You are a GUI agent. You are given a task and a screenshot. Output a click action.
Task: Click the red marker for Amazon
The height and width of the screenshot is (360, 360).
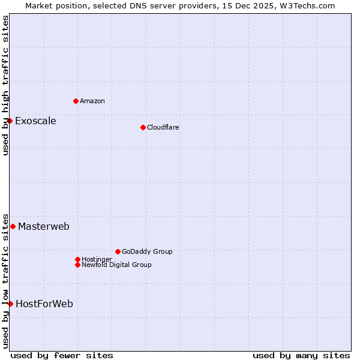pos(76,101)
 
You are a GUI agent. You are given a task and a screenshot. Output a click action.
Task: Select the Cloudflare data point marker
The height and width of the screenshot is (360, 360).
pos(143,127)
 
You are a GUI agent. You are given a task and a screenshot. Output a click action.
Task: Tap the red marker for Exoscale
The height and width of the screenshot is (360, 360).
pos(10,121)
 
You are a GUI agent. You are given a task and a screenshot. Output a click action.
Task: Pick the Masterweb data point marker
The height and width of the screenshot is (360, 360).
pos(13,226)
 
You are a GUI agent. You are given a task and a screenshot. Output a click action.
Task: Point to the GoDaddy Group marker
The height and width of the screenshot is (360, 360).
pos(118,251)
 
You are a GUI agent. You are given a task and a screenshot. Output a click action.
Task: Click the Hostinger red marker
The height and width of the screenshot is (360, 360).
pos(77,259)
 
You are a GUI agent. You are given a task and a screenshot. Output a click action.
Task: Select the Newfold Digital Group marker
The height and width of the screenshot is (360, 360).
pos(77,265)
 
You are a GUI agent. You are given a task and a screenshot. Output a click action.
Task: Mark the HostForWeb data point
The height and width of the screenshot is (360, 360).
pos(10,304)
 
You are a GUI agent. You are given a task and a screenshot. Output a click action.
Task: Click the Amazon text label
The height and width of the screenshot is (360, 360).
pos(92,101)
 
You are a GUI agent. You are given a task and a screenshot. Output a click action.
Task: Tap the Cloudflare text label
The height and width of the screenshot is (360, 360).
pos(163,127)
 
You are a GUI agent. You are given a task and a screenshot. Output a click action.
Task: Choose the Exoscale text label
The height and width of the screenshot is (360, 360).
pos(35,121)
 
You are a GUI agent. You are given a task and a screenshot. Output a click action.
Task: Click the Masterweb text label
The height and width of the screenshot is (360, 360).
pos(44,226)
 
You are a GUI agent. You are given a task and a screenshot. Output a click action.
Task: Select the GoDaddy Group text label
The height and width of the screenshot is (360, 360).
pos(147,251)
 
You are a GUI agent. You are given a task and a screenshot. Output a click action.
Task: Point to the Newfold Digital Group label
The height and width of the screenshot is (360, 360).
pos(116,265)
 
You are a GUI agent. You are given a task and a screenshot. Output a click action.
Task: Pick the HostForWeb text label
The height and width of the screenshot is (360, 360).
pos(44,304)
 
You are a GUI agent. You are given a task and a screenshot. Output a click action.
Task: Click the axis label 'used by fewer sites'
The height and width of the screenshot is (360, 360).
pos(62,355)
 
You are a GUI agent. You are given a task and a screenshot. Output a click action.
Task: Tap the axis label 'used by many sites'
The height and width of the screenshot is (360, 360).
pos(301,355)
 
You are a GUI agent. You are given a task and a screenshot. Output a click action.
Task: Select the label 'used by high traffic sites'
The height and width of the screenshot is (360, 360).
pos(5,85)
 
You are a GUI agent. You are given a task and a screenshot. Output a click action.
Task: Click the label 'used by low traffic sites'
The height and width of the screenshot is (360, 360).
pos(5,280)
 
